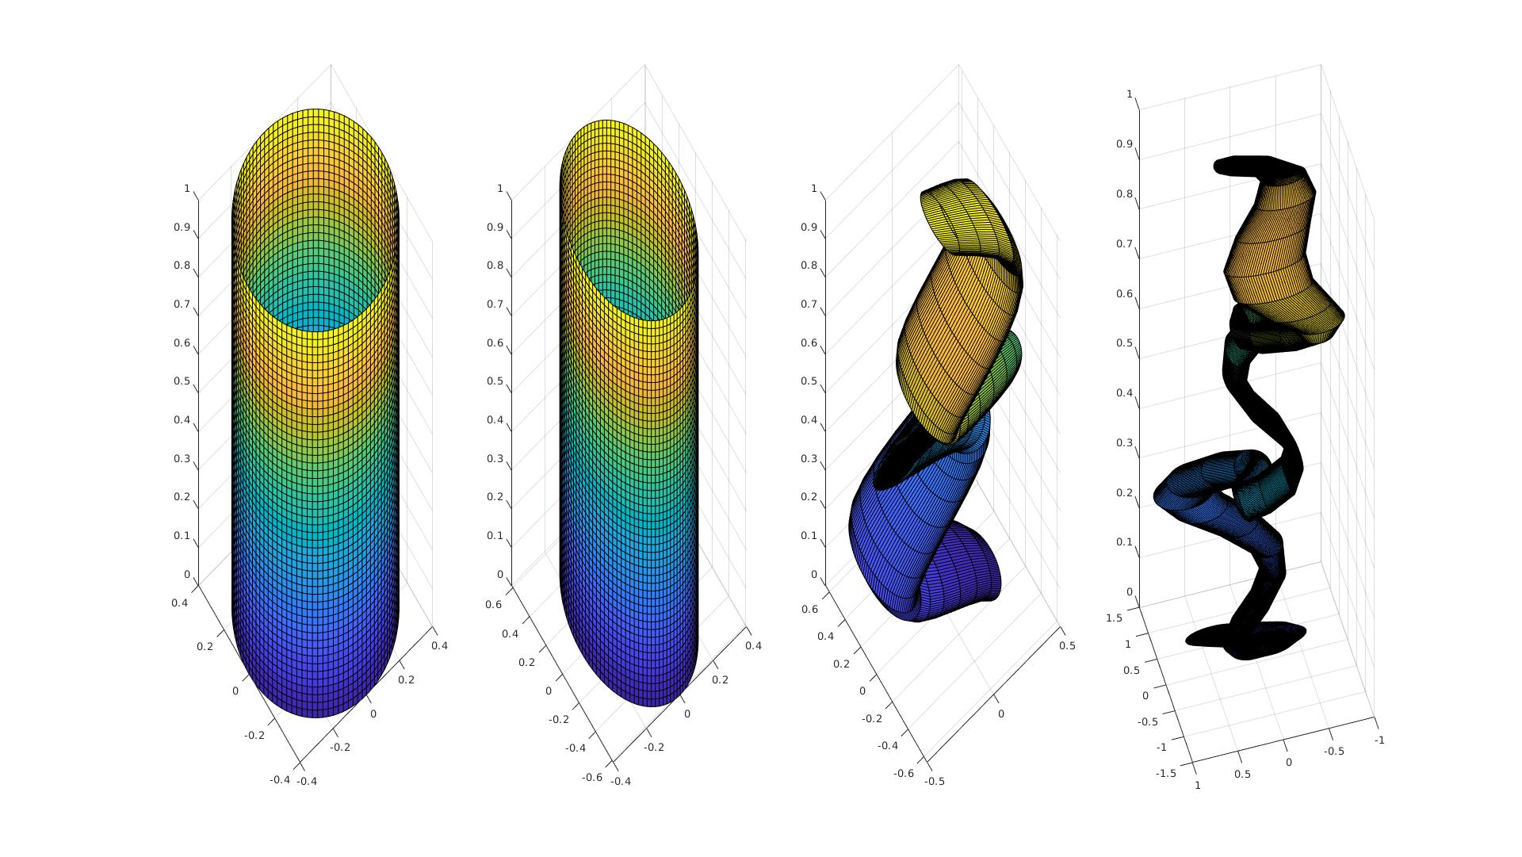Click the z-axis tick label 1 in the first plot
[187, 189]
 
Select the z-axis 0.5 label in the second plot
[495, 381]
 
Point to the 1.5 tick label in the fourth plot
[1114, 618]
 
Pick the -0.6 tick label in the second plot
[592, 777]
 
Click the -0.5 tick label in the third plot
[935, 781]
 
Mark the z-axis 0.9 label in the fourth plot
[1124, 144]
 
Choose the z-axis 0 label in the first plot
[187, 575]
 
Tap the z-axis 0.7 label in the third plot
[809, 304]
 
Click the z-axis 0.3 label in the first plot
[182, 459]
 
